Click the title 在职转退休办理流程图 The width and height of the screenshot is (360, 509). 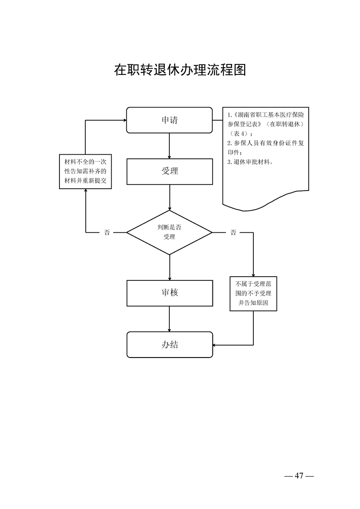click(x=180, y=70)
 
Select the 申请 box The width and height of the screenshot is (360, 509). click(x=169, y=120)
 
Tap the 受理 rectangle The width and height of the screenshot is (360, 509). click(x=169, y=171)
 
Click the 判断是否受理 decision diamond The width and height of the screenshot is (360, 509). click(x=169, y=233)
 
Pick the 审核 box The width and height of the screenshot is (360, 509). click(x=169, y=293)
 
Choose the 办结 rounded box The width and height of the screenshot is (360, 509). click(x=169, y=344)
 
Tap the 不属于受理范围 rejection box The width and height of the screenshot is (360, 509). click(x=253, y=294)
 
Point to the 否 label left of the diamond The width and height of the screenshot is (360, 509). click(x=107, y=233)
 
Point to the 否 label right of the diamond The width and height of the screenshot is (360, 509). click(x=233, y=233)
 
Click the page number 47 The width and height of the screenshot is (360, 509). click(x=299, y=475)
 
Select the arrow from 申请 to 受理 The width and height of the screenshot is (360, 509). click(x=169, y=146)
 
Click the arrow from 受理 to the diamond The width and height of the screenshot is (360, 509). click(x=169, y=197)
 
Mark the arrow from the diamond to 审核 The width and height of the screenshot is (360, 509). click(x=169, y=268)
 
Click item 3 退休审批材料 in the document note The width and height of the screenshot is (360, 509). click(x=250, y=162)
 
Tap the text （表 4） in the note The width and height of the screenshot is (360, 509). click(x=240, y=133)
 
